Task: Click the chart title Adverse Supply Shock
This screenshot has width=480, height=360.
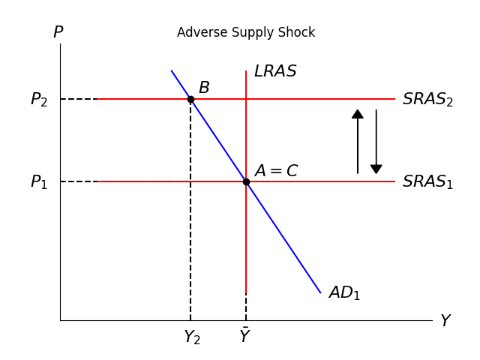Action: pos(246,33)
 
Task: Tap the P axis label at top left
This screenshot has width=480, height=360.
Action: pos(58,33)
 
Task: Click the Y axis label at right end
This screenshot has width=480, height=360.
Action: pos(445,321)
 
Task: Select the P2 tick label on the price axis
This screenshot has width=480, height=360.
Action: pos(39,100)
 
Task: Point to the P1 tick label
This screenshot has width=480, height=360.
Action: pos(39,182)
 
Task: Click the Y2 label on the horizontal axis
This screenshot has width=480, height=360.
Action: pos(192,337)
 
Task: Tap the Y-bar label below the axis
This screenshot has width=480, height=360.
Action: pos(244,337)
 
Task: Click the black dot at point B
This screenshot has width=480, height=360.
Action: pos(190,99)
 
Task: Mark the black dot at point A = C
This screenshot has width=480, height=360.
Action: pos(246,181)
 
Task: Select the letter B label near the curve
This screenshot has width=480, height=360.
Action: pos(204,88)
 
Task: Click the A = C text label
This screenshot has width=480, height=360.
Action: pos(276,171)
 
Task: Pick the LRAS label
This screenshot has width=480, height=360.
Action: pos(275,72)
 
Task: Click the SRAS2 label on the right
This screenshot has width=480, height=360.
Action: pos(427,100)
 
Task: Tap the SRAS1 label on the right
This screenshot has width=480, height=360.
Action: pos(427,182)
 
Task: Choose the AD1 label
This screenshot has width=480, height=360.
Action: pos(344,293)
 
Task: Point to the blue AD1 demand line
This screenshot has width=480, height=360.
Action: pos(285,240)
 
